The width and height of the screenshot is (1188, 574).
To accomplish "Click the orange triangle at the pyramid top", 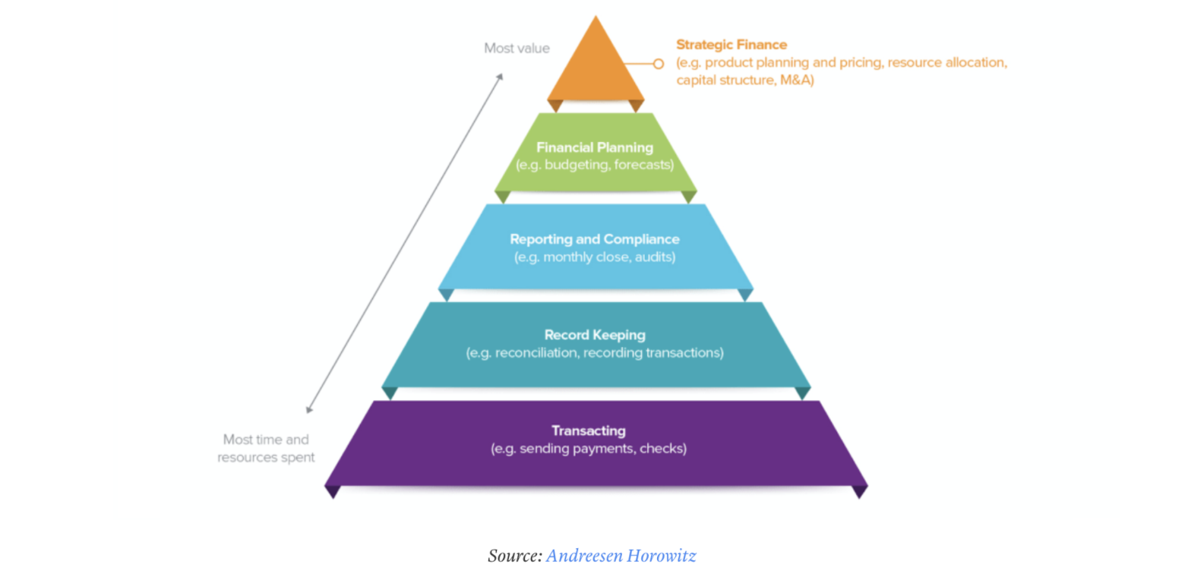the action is click(596, 66).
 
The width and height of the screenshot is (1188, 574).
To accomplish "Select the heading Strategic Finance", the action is click(731, 45).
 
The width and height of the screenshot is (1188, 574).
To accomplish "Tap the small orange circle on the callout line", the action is click(658, 64).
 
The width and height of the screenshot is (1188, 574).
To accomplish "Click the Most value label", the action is click(517, 49).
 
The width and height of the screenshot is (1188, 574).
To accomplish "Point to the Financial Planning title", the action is click(595, 147).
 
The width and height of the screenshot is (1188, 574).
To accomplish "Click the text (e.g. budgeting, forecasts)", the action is click(595, 165).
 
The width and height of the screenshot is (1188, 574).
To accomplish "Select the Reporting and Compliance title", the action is click(595, 239).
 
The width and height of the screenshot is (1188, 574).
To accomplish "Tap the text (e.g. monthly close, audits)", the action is click(595, 257).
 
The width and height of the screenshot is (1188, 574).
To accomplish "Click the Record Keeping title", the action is click(595, 335).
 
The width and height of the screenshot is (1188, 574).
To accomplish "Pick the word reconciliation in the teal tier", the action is click(537, 352).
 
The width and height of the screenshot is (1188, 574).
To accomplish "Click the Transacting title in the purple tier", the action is click(589, 430).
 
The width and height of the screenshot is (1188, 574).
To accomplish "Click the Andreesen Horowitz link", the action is click(621, 556).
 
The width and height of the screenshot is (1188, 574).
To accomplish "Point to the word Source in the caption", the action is click(515, 556).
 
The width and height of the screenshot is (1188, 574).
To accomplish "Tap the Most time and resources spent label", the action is click(266, 449).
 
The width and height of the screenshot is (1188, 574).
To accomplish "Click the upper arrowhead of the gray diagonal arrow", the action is click(500, 77).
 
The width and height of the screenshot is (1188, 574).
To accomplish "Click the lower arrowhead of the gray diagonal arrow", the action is click(309, 409).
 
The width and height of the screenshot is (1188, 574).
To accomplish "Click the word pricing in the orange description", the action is click(861, 62).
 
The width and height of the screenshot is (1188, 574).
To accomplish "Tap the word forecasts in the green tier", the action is click(644, 165).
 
